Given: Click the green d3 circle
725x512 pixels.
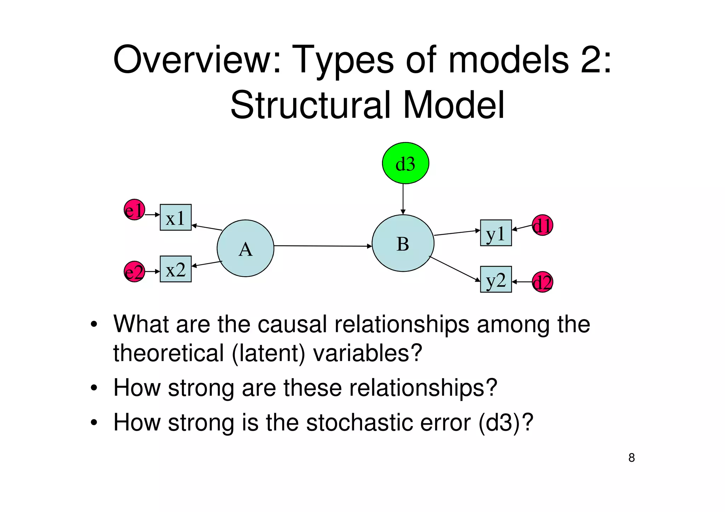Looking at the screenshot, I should pos(405,163).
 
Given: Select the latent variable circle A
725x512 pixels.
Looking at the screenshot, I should pos(245,248).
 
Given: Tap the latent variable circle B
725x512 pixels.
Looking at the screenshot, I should pos(403,243).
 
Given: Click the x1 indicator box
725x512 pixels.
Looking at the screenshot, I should pos(176,217).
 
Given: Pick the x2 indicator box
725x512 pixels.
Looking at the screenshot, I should pos(176,269).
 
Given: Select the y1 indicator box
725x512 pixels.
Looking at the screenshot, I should pos(496,233).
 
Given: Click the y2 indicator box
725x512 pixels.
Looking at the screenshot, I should pos(496,280).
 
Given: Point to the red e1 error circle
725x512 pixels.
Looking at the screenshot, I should pos(134,210).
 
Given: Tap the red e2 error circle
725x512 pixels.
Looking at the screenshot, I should pos(134,272).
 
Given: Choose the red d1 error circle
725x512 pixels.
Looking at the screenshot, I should pos(542,225).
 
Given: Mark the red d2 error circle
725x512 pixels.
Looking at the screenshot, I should pos(542,282).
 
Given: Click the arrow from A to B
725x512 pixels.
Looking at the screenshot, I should pos(322,246).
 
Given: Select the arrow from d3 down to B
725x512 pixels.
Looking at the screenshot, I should pos(403,198).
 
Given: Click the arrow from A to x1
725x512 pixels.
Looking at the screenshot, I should pos(207,228).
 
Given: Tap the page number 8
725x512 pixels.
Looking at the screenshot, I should pos(632,458).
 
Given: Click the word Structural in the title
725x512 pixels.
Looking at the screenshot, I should pos(310,105).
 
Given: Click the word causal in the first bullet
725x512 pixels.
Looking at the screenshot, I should pos(292,324).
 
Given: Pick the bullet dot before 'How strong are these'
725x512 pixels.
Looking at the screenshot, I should pos(93,388).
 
